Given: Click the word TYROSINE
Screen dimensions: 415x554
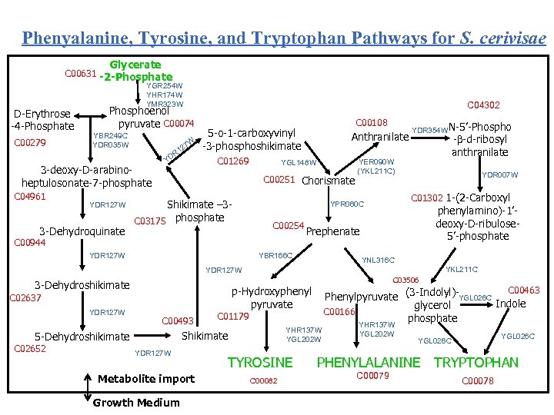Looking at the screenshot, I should [260, 362].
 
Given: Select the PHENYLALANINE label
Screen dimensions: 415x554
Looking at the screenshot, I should [369, 362].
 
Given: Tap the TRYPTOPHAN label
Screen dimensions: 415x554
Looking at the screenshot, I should [476, 362].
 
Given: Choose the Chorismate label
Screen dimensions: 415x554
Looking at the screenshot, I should [328, 181].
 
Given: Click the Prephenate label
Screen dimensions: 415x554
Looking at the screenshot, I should [332, 231].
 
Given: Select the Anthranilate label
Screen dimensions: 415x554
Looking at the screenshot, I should [379, 138].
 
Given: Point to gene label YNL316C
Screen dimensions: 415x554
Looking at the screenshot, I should [378, 261].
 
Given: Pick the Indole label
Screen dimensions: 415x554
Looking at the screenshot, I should [510, 304].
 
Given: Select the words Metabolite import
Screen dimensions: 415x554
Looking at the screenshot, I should [146, 378].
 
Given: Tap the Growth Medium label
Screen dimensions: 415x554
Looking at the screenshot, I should [135, 403].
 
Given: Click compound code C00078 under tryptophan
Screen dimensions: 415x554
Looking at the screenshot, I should [477, 380].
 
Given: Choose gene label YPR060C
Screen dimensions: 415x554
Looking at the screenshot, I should [347, 204].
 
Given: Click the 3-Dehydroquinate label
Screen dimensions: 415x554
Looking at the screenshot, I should [82, 231].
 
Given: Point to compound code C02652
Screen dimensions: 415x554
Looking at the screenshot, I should [31, 348].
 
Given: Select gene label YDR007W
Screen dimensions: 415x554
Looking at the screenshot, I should [500, 175].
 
